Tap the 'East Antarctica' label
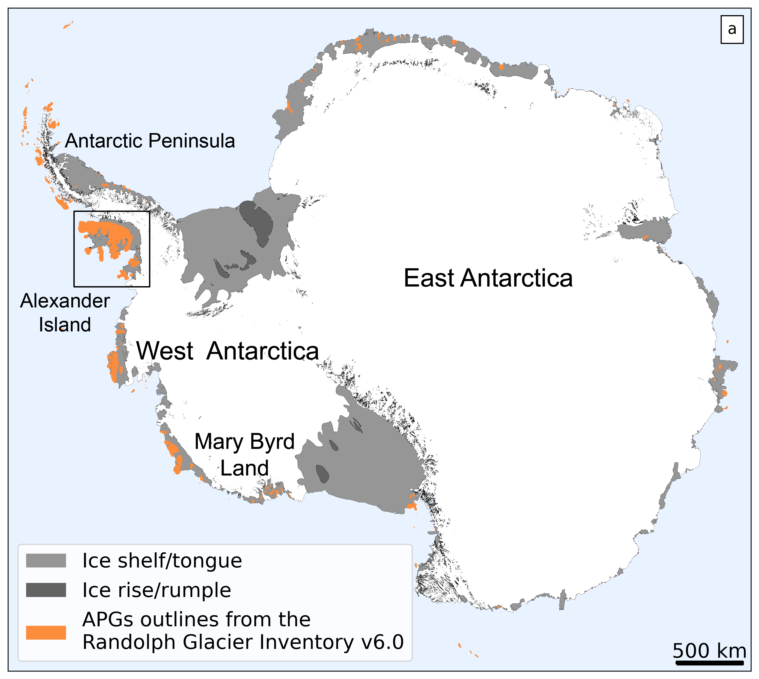(x=488, y=278)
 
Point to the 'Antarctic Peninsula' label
(x=150, y=141)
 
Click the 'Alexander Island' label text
(x=65, y=301)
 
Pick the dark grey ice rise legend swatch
(x=46, y=590)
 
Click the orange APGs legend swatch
(x=46, y=632)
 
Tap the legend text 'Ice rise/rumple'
(x=156, y=590)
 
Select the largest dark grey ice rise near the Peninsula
(x=257, y=222)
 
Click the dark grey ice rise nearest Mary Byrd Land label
(x=322, y=474)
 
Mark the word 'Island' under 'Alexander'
(x=65, y=324)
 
